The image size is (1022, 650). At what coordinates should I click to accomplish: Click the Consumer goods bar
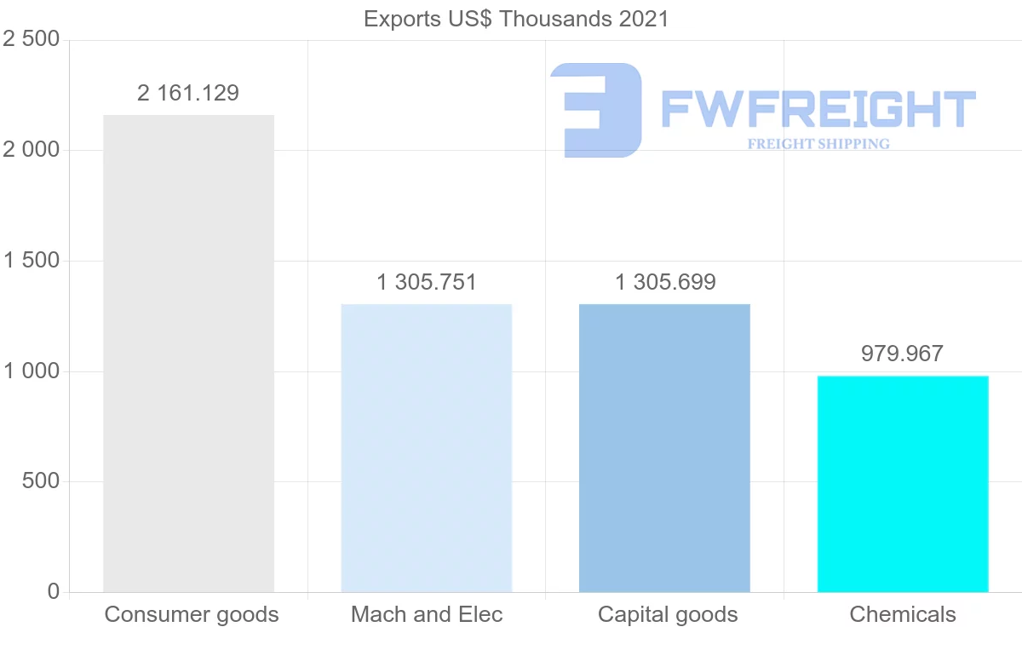pyautogui.click(x=188, y=354)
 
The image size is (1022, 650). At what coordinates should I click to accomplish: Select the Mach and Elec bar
pyautogui.click(x=426, y=448)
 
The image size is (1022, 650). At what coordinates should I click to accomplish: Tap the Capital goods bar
pyautogui.click(x=664, y=448)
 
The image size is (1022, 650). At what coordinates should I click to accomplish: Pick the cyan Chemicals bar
pyautogui.click(x=903, y=484)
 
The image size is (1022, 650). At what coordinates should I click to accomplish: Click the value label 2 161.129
pyautogui.click(x=188, y=93)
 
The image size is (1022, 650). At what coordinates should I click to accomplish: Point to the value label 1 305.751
pyautogui.click(x=426, y=282)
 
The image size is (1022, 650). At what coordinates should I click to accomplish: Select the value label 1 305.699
pyautogui.click(x=665, y=282)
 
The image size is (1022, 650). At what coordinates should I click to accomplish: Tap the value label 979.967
pyautogui.click(x=902, y=354)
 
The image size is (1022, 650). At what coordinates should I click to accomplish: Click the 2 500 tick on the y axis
pyautogui.click(x=32, y=40)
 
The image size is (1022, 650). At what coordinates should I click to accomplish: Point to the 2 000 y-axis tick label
pyautogui.click(x=32, y=150)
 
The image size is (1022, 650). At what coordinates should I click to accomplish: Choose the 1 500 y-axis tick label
pyautogui.click(x=32, y=261)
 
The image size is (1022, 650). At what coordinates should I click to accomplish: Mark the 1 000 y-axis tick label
pyautogui.click(x=32, y=371)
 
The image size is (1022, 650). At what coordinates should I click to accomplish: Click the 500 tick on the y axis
pyautogui.click(x=40, y=481)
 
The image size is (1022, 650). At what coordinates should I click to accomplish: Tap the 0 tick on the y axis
pyautogui.click(x=54, y=591)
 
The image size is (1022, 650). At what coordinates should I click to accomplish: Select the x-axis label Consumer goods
pyautogui.click(x=192, y=614)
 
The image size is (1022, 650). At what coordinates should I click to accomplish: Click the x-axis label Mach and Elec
pyautogui.click(x=427, y=614)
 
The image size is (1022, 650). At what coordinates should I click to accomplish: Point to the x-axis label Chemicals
pyautogui.click(x=903, y=614)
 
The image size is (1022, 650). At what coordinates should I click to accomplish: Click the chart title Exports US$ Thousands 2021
pyautogui.click(x=516, y=19)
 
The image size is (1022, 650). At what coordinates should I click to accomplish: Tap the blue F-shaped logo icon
pyautogui.click(x=596, y=110)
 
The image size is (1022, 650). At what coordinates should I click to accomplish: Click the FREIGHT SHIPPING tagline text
pyautogui.click(x=818, y=144)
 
